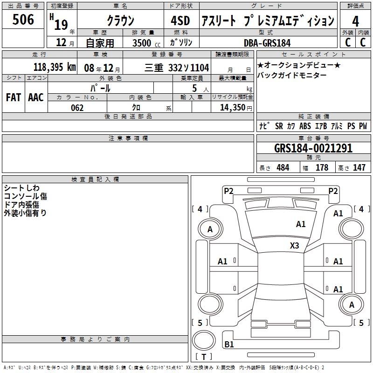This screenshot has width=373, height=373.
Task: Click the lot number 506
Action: coord(23,19)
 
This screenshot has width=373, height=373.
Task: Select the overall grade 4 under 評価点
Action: coord(355,21)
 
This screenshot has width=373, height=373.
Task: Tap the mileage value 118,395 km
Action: coord(55,67)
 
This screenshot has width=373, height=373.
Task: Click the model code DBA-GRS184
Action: coord(267,43)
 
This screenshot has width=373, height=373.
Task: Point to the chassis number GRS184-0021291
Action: coord(313,148)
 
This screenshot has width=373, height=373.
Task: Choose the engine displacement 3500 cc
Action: coord(146,43)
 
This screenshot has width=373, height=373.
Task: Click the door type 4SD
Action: coord(180,21)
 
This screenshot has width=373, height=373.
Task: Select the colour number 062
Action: coord(77,108)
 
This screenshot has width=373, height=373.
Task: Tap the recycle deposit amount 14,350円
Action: coord(236,108)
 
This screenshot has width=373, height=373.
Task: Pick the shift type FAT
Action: coord(14,97)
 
